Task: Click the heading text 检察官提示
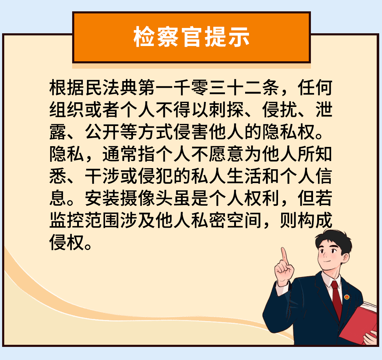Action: pyautogui.click(x=191, y=37)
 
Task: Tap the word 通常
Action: pyautogui.click(x=120, y=155)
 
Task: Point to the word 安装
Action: pyautogui.click(x=103, y=200)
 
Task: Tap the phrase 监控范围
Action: pyautogui.click(x=85, y=222)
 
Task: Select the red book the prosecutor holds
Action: pyautogui.click(x=361, y=322)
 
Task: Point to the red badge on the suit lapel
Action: pyautogui.click(x=347, y=297)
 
